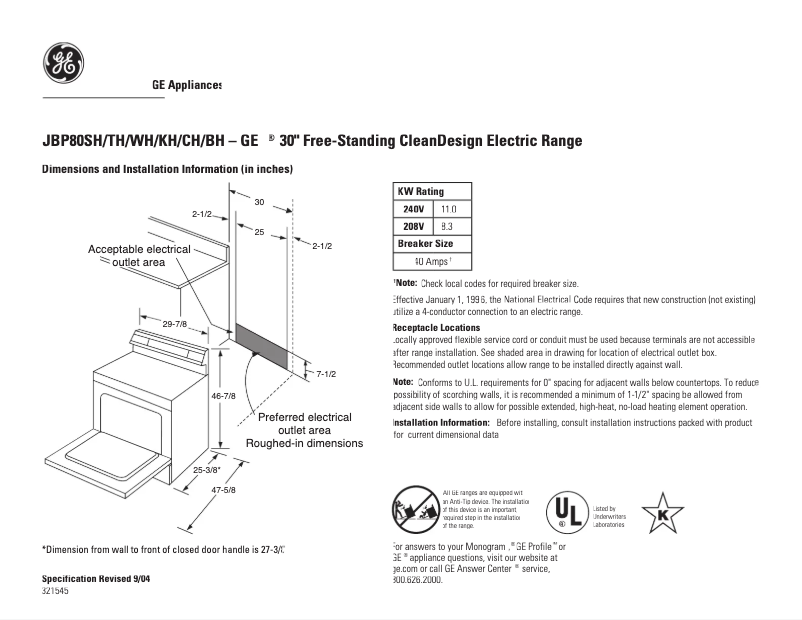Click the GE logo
click(63, 64)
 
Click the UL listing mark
click(565, 511)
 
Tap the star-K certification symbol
click(662, 513)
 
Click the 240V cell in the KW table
click(413, 209)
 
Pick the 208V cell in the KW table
click(413, 227)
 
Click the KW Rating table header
click(421, 191)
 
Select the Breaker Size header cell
click(425, 244)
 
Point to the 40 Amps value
click(433, 262)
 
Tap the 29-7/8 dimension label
click(175, 323)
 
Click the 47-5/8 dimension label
click(222, 490)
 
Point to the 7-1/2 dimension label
click(326, 373)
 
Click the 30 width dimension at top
click(259, 202)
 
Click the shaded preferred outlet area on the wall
click(264, 346)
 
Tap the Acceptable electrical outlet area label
click(139, 255)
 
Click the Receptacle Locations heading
click(436, 327)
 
